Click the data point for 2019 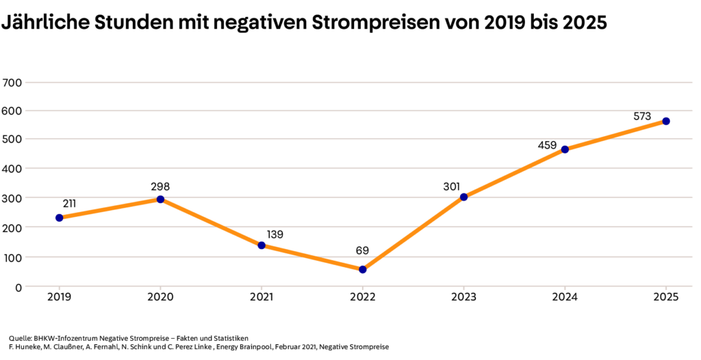(x=59, y=218)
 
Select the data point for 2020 (x=160, y=199)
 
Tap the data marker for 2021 (x=262, y=245)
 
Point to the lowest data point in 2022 (x=363, y=270)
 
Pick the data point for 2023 (x=463, y=197)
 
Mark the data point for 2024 (x=565, y=149)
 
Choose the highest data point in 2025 (x=666, y=121)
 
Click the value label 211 (x=69, y=203)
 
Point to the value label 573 (x=642, y=116)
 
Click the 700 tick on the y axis (x=14, y=83)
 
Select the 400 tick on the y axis (x=14, y=168)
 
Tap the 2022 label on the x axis (x=363, y=298)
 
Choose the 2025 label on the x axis (x=666, y=298)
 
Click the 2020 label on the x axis (x=160, y=298)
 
